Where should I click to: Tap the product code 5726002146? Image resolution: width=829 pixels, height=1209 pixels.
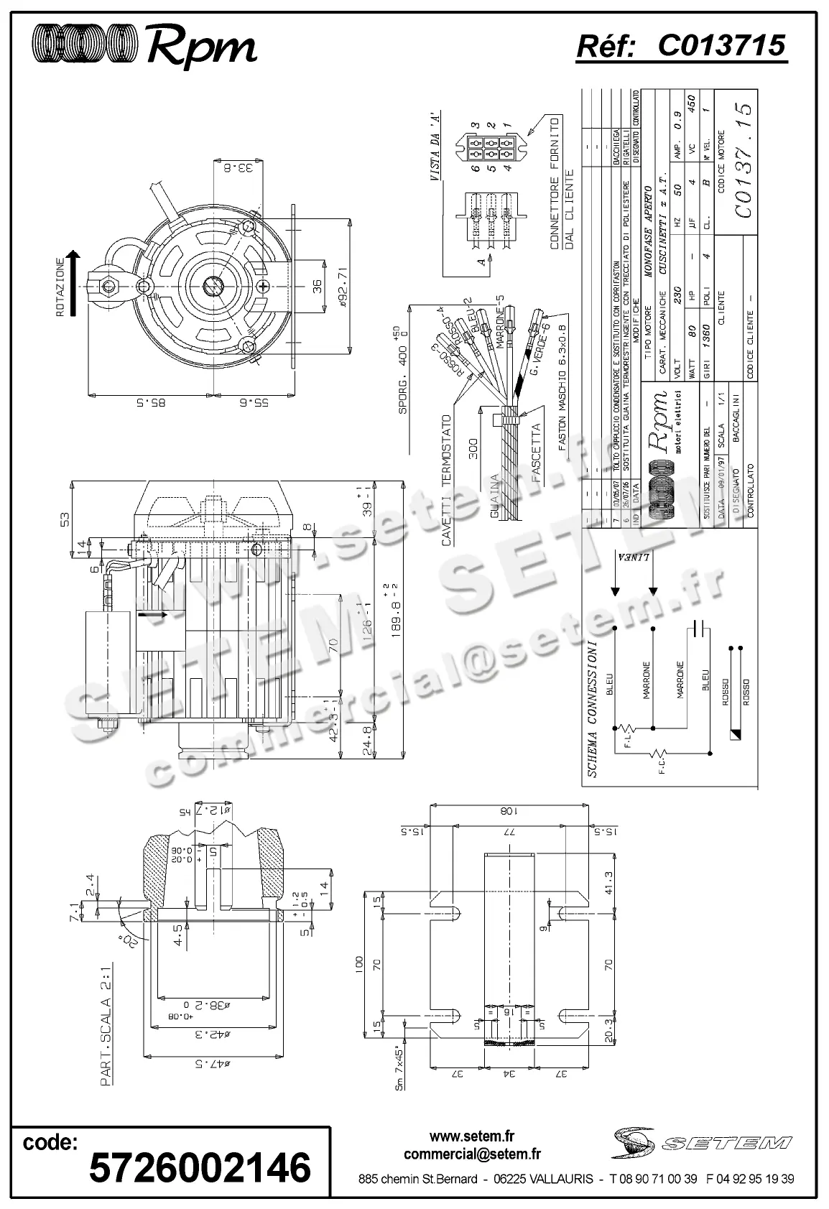(x=200, y=1166)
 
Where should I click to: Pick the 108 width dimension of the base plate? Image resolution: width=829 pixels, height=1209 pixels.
(x=509, y=811)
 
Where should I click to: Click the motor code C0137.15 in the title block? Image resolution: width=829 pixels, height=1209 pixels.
(x=744, y=161)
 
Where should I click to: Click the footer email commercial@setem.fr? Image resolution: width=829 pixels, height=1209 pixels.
(x=472, y=1154)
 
